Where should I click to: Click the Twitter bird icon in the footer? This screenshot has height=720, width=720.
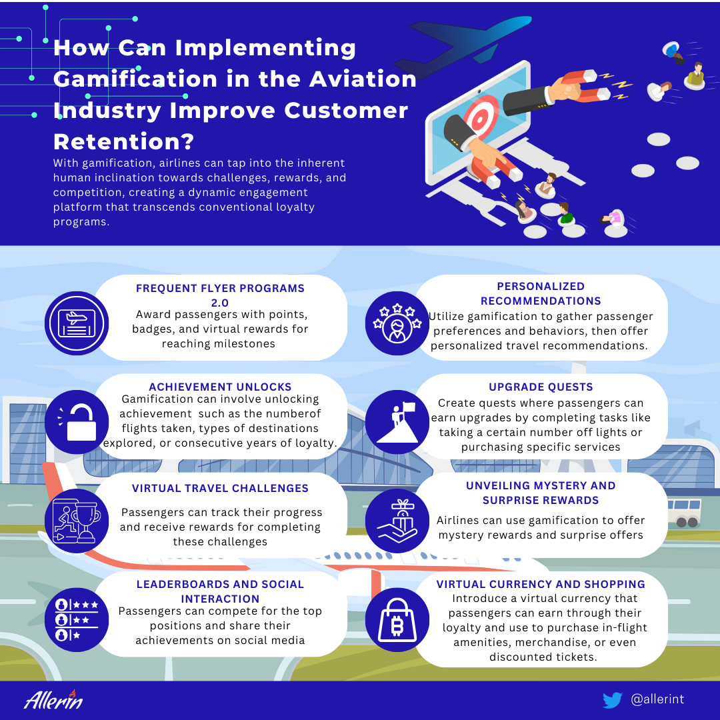[x=612, y=700]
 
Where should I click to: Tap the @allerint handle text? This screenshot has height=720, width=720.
[x=657, y=699]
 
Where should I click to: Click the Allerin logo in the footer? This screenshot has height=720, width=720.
[x=53, y=699]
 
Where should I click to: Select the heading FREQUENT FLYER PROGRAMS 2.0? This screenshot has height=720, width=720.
[x=220, y=295]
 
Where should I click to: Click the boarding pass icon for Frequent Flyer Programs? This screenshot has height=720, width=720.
[x=77, y=323]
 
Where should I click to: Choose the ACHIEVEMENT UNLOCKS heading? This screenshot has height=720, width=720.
[x=220, y=387]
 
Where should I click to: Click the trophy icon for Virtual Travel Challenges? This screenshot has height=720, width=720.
[x=77, y=521]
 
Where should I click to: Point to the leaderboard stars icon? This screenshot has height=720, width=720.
[x=77, y=619]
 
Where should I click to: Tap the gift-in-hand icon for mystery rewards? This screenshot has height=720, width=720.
[x=397, y=521]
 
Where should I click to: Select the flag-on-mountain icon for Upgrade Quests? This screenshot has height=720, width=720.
[x=397, y=422]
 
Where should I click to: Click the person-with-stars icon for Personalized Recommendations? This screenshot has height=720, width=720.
[x=397, y=323]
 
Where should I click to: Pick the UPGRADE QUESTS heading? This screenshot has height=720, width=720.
[x=541, y=387]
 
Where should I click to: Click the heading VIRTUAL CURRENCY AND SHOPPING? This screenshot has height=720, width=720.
[x=541, y=584]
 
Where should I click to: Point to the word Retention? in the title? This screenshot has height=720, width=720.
[x=123, y=141]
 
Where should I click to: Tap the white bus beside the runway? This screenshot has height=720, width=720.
[x=684, y=513]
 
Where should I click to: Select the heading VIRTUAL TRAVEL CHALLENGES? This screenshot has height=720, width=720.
[x=220, y=488]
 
